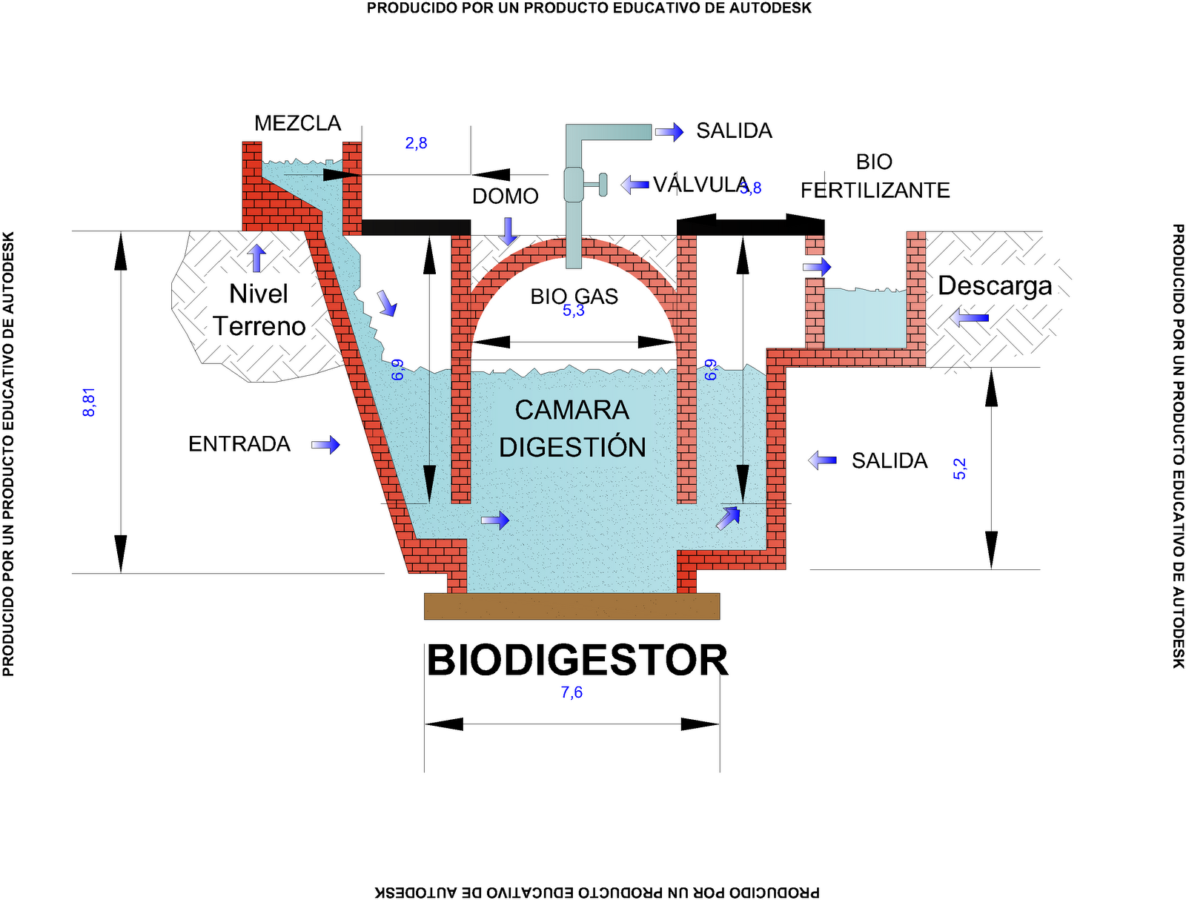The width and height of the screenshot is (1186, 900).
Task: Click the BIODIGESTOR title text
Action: coord(577,661)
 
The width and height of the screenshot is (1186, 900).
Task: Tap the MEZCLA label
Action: coord(297,123)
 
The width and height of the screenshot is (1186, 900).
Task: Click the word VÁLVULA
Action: coord(699,185)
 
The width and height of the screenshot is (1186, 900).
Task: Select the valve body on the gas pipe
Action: coord(574,185)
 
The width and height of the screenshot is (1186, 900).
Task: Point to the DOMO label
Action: coord(505,196)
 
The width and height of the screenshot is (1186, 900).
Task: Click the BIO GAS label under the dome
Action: coord(574,297)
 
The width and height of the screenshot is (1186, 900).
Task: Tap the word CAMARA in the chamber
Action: coord(572,410)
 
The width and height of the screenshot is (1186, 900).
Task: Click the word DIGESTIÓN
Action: coord(572,447)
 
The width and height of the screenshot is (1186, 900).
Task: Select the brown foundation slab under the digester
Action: coord(572,606)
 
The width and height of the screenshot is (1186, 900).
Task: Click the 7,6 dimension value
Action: coord(572,692)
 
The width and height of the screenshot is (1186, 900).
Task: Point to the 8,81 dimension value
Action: coord(89,402)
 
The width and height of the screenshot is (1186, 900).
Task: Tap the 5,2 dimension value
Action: coord(960,469)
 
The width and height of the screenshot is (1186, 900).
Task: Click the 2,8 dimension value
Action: coord(416,143)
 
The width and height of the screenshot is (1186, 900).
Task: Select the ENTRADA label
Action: coord(239,444)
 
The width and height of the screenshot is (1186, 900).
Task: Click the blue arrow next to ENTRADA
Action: coord(325,445)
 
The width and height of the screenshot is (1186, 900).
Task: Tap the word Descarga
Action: coord(995,286)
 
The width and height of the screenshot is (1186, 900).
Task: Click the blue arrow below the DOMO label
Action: coord(508,231)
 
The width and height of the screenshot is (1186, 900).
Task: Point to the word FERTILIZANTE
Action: coord(875,191)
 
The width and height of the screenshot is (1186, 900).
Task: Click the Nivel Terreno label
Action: coord(259,310)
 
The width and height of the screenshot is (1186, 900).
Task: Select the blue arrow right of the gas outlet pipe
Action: coord(669,132)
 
